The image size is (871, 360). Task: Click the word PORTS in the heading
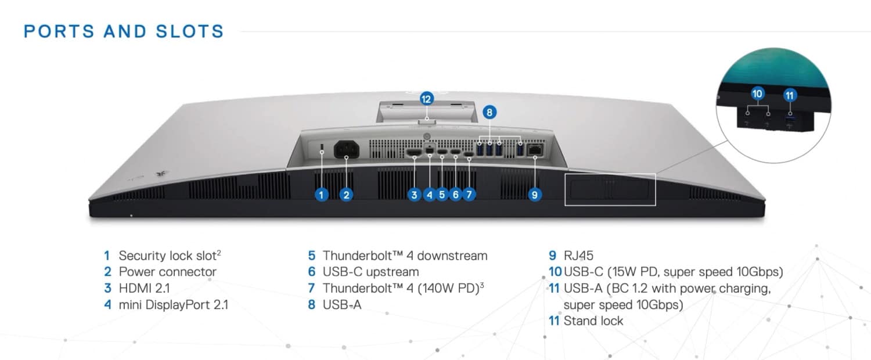(x=59, y=31)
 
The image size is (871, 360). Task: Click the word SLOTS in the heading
(x=190, y=31)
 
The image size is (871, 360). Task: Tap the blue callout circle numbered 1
(x=321, y=195)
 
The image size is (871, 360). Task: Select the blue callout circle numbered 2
(x=346, y=195)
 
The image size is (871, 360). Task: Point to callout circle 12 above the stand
(x=427, y=99)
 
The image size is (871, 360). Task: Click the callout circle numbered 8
(x=490, y=112)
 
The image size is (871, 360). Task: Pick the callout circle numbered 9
(x=535, y=195)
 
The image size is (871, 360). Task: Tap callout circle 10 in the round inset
(x=757, y=93)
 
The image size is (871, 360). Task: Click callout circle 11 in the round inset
(x=790, y=95)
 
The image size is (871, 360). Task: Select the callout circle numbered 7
(x=469, y=195)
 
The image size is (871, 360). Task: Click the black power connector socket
(x=347, y=149)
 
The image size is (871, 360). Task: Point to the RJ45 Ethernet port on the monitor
(x=535, y=150)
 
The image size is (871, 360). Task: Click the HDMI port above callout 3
(x=414, y=152)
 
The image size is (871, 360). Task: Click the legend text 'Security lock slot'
(x=167, y=256)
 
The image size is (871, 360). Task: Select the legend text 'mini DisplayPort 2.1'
(x=174, y=305)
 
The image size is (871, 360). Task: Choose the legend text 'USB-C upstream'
(x=370, y=272)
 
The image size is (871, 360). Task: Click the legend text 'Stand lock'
(x=593, y=321)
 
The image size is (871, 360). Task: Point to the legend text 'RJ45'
(x=578, y=256)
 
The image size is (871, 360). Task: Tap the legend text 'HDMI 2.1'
(x=144, y=289)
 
